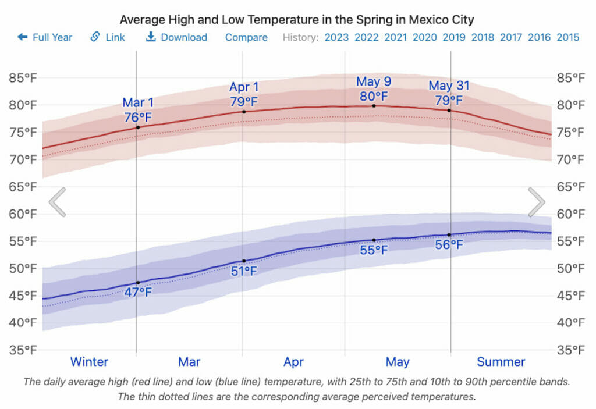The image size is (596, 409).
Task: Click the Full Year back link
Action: coord(45,37)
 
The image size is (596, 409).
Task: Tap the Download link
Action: coord(176,37)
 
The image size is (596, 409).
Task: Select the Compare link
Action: coord(246,37)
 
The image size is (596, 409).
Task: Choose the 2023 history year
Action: coord(336,37)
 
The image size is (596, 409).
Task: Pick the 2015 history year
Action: coord(567,37)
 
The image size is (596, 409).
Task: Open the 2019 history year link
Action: coord(453,37)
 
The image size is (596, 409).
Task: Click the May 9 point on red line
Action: coord(374,106)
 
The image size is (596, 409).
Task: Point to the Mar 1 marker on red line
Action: coord(137,127)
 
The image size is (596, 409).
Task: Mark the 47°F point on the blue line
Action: coord(137,283)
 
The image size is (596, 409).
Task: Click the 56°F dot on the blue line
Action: coord(449,234)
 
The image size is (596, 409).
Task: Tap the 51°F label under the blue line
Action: coord(244,271)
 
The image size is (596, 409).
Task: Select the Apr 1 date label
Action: coord(244,87)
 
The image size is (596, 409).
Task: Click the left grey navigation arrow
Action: coord(57,202)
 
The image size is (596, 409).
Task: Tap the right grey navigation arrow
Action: coord(536,202)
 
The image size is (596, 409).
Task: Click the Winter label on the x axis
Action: coord(89,362)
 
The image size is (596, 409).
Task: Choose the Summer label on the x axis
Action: coord(501,362)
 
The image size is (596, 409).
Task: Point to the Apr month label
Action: coord(294,362)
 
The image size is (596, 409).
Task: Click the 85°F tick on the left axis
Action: coord(22,78)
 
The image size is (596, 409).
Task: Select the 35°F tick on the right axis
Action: coord(570,350)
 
